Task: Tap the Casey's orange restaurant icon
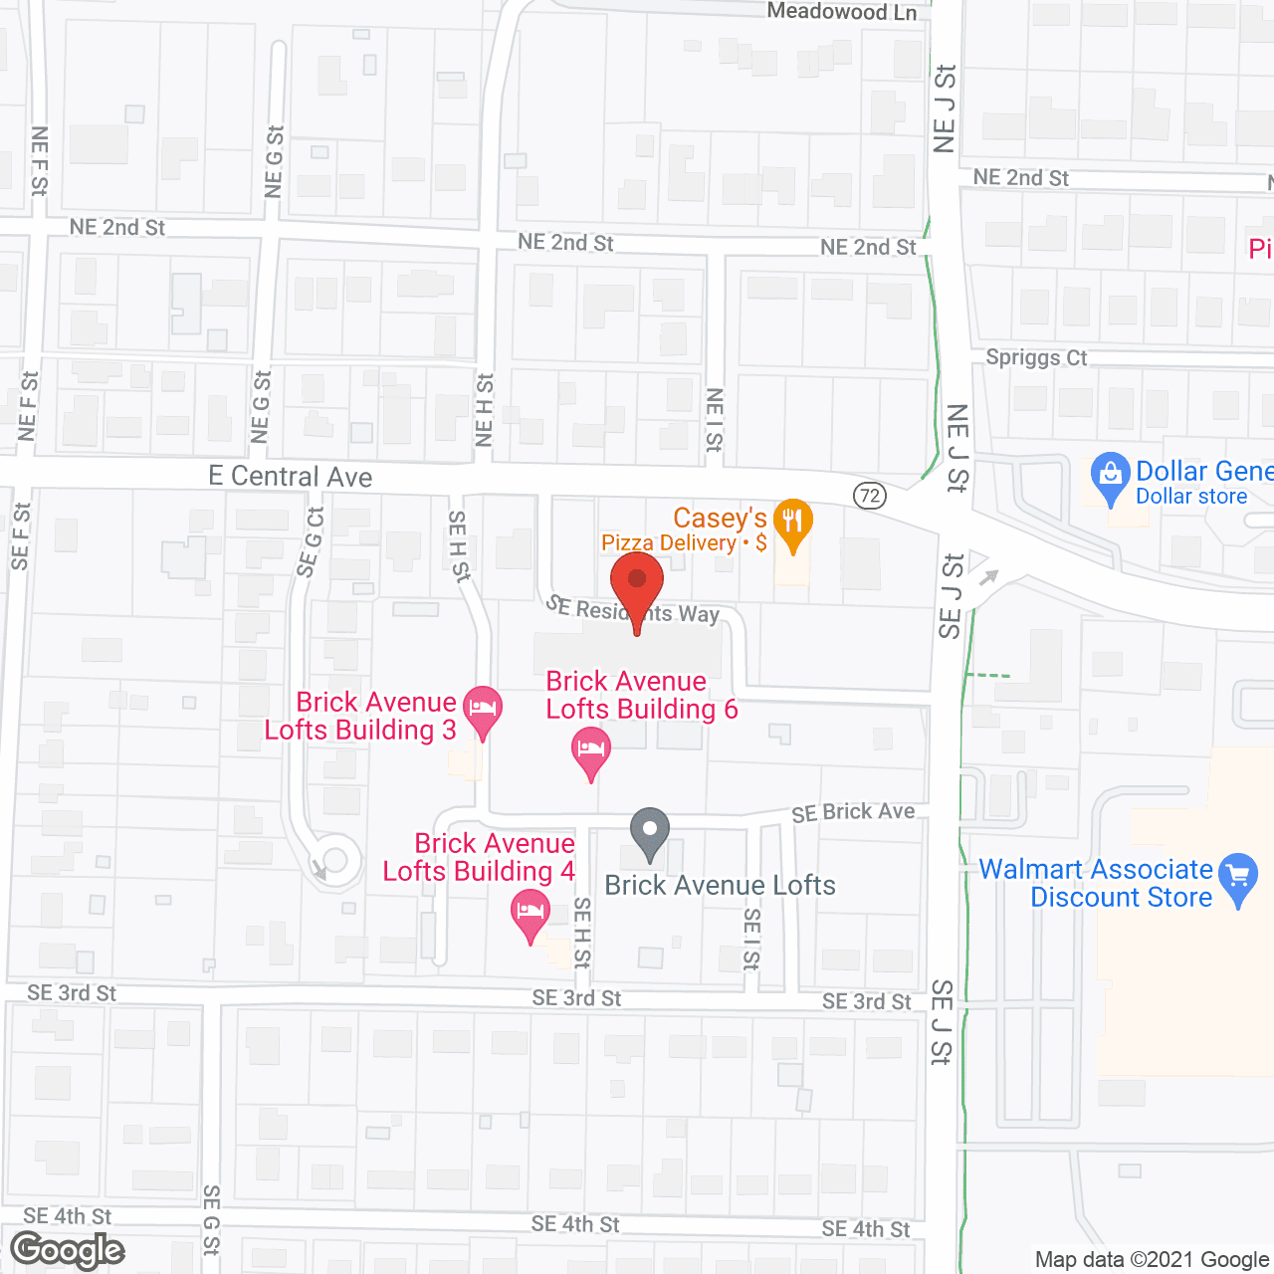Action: click(792, 523)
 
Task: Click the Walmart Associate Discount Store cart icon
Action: click(1238, 877)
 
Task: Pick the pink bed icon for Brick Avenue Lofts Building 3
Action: click(483, 710)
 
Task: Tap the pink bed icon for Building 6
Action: click(591, 749)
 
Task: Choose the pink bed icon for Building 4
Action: click(531, 912)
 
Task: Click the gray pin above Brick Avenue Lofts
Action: click(650, 831)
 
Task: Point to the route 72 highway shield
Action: click(870, 496)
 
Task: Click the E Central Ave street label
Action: click(291, 477)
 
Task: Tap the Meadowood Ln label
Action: click(841, 12)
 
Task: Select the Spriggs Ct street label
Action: click(1036, 357)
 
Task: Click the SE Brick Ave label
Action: click(853, 812)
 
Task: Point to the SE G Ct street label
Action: click(311, 542)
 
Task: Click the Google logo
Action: click(68, 1250)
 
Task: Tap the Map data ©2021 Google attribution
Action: click(1153, 1259)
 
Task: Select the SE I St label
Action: click(752, 939)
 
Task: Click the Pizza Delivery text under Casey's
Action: click(669, 543)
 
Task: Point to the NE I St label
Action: click(715, 420)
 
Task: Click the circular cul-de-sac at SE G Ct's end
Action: click(335, 859)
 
